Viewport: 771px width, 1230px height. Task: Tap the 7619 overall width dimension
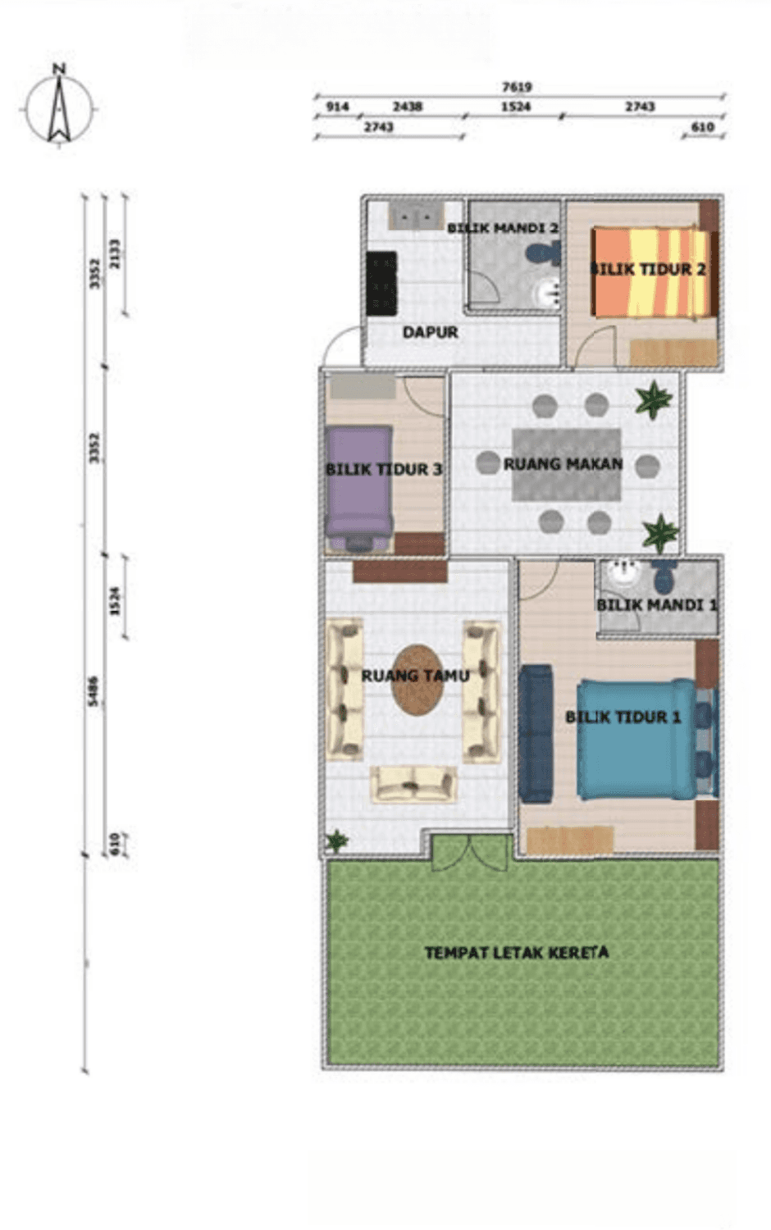tap(517, 87)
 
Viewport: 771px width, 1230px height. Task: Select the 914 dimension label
tap(337, 107)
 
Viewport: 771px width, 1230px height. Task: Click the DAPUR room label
tap(431, 332)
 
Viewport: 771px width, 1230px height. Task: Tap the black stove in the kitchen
tap(381, 284)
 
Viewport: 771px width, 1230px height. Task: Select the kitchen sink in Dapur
tap(416, 216)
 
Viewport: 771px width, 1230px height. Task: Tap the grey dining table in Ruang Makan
tap(567, 465)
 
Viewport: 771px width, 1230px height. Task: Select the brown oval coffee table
tap(418, 680)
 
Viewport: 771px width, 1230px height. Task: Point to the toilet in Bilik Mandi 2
tap(543, 252)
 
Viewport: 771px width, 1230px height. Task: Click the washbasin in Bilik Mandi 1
tap(625, 572)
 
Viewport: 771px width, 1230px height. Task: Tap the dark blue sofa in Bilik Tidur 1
tap(536, 734)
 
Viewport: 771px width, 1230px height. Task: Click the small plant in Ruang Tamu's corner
tap(336, 840)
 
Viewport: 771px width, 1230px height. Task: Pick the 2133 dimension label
tap(115, 253)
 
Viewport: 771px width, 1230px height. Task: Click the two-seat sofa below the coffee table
tap(413, 784)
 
